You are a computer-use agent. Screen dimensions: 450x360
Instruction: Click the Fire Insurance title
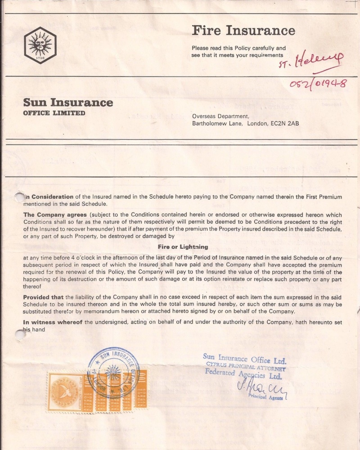pyautogui.click(x=243, y=31)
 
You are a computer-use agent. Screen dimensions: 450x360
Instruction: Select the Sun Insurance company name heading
pyautogui.click(x=68, y=103)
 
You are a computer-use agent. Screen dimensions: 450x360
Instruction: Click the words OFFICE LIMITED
pyautogui.click(x=54, y=113)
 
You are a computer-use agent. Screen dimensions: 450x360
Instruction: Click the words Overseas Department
pyautogui.click(x=220, y=116)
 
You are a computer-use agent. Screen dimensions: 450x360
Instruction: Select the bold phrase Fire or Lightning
pyautogui.click(x=183, y=247)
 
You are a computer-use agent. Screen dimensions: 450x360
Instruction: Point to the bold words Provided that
pyautogui.click(x=44, y=297)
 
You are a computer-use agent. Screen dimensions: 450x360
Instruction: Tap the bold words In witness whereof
pyautogui.click(x=53, y=322)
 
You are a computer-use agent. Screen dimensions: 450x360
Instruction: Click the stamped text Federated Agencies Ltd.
pyautogui.click(x=243, y=374)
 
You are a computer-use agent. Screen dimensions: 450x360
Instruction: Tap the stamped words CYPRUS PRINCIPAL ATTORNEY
pyautogui.click(x=247, y=366)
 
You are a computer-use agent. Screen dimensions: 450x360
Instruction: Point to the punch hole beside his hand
pyautogui.click(x=19, y=334)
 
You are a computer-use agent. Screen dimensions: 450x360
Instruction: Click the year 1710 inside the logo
pyautogui.click(x=40, y=58)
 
